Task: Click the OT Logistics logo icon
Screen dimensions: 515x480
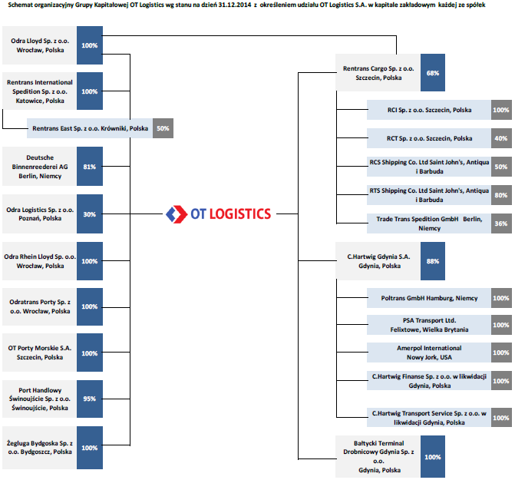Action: point(177,214)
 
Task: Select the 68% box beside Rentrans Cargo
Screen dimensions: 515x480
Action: point(433,73)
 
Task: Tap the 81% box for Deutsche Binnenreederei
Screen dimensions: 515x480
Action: point(90,166)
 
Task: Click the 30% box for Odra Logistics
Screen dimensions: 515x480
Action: point(90,214)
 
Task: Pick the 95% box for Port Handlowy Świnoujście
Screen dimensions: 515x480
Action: point(90,399)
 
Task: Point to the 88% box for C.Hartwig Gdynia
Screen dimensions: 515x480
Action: point(433,261)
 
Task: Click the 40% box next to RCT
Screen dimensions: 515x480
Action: point(501,138)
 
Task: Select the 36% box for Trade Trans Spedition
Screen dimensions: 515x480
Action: point(501,223)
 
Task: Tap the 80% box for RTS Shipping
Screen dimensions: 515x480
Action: point(501,195)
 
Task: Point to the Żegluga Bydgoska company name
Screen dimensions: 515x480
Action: point(40,448)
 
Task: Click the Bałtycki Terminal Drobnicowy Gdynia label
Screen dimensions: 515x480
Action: point(378,457)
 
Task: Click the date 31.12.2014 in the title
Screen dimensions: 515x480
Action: point(235,5)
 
